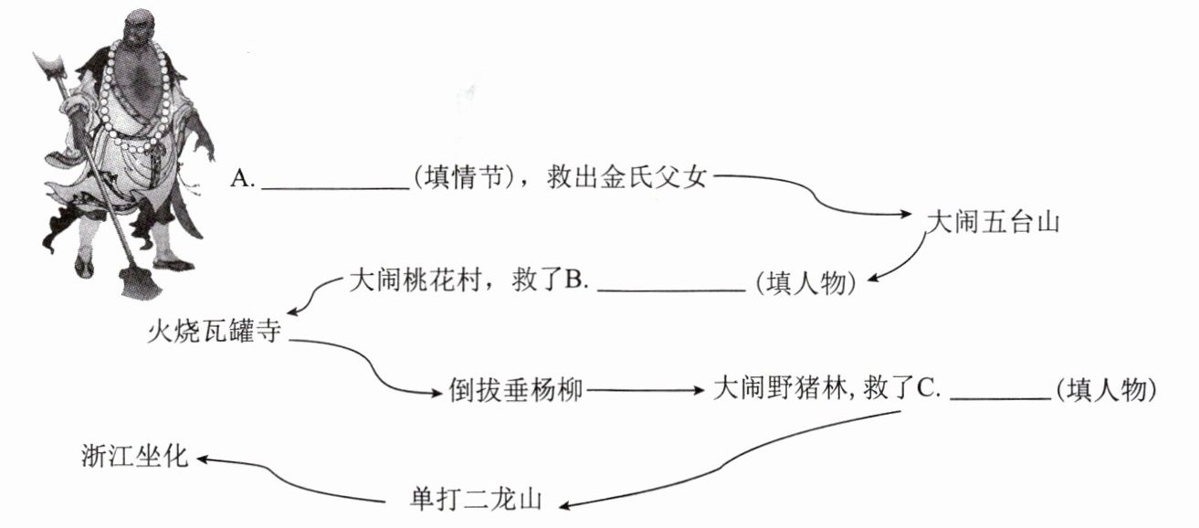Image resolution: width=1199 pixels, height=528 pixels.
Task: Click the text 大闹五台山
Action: [x=992, y=222]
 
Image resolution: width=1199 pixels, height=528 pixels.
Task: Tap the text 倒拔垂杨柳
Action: [x=516, y=390]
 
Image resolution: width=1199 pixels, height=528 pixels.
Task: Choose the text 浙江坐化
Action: [x=133, y=456]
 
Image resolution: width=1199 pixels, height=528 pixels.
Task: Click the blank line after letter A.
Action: [x=335, y=185]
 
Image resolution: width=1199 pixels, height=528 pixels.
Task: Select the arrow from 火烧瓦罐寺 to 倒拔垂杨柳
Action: [x=374, y=365]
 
